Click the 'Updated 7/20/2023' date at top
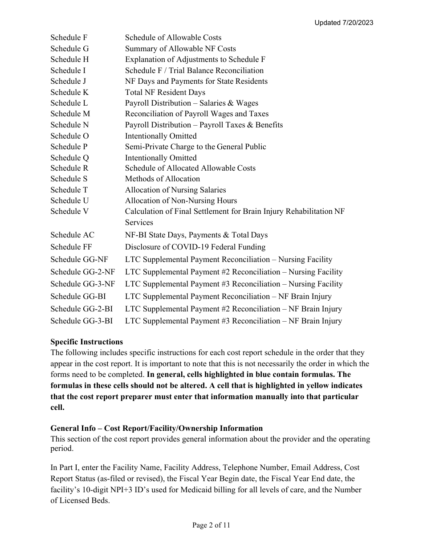343,23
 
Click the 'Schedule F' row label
69,38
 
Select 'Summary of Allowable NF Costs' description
180,49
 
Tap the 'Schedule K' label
69,92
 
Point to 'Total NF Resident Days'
165,92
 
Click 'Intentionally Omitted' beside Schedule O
161,136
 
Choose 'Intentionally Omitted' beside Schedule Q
161,158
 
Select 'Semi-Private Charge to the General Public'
195,147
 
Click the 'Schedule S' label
69,179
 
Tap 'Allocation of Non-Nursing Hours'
181,200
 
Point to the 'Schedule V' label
69,211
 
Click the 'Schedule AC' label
72,235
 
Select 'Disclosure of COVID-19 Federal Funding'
195,247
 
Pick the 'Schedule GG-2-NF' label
82,272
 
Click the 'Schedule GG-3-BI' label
81,321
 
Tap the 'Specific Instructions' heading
86,342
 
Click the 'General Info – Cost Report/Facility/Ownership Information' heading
156,428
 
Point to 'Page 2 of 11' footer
211,525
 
